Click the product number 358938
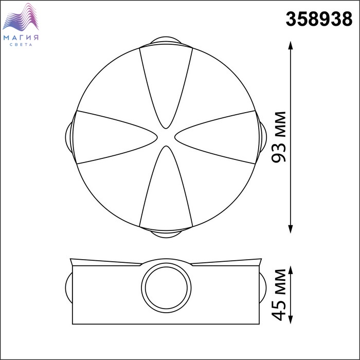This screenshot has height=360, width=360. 319,19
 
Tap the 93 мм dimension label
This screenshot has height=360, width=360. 279,137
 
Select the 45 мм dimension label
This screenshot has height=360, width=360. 279,295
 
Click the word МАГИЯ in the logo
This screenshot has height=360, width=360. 21,38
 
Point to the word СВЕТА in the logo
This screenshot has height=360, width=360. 21,45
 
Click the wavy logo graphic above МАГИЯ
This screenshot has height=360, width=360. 21,17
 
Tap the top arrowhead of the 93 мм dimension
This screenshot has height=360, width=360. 291,45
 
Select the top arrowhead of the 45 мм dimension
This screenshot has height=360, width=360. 291,270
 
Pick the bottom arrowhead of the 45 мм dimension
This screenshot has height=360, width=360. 291,319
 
